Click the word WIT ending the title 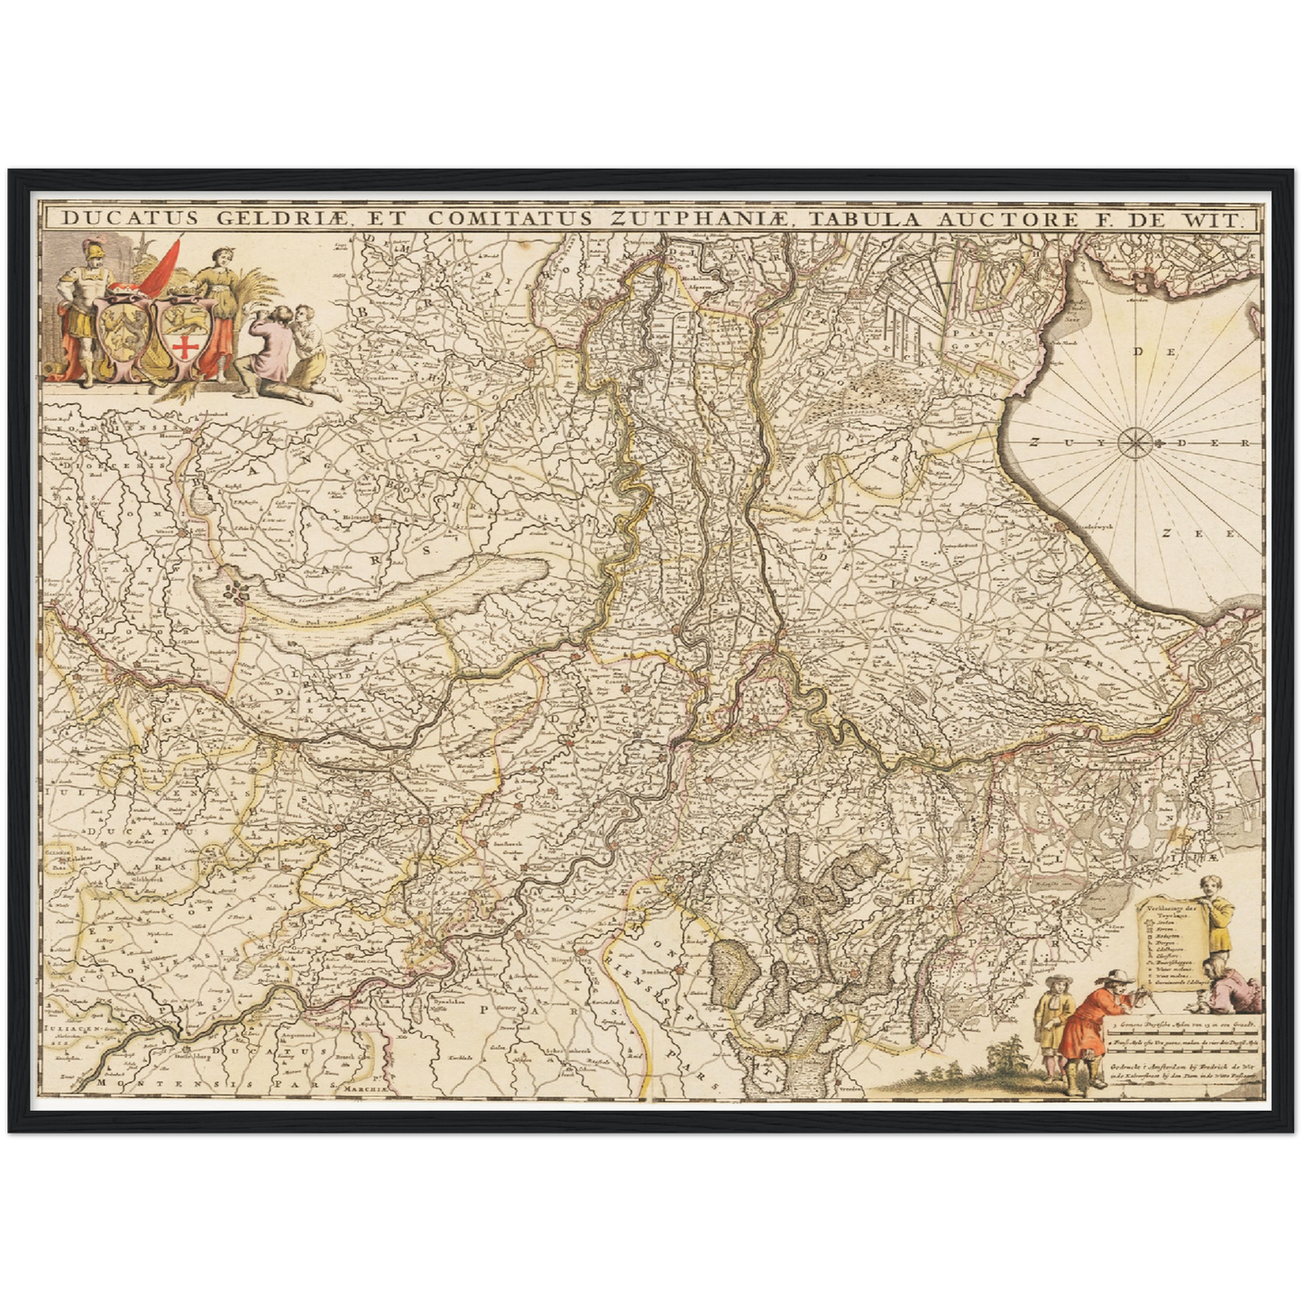pyautogui.click(x=1220, y=218)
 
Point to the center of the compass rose pyautogui.click(x=1133, y=442)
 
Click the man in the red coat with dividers pyautogui.click(x=1087, y=1028)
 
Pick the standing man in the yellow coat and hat pyautogui.click(x=1048, y=1023)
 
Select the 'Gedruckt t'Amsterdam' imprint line pyautogui.click(x=1181, y=1061)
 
